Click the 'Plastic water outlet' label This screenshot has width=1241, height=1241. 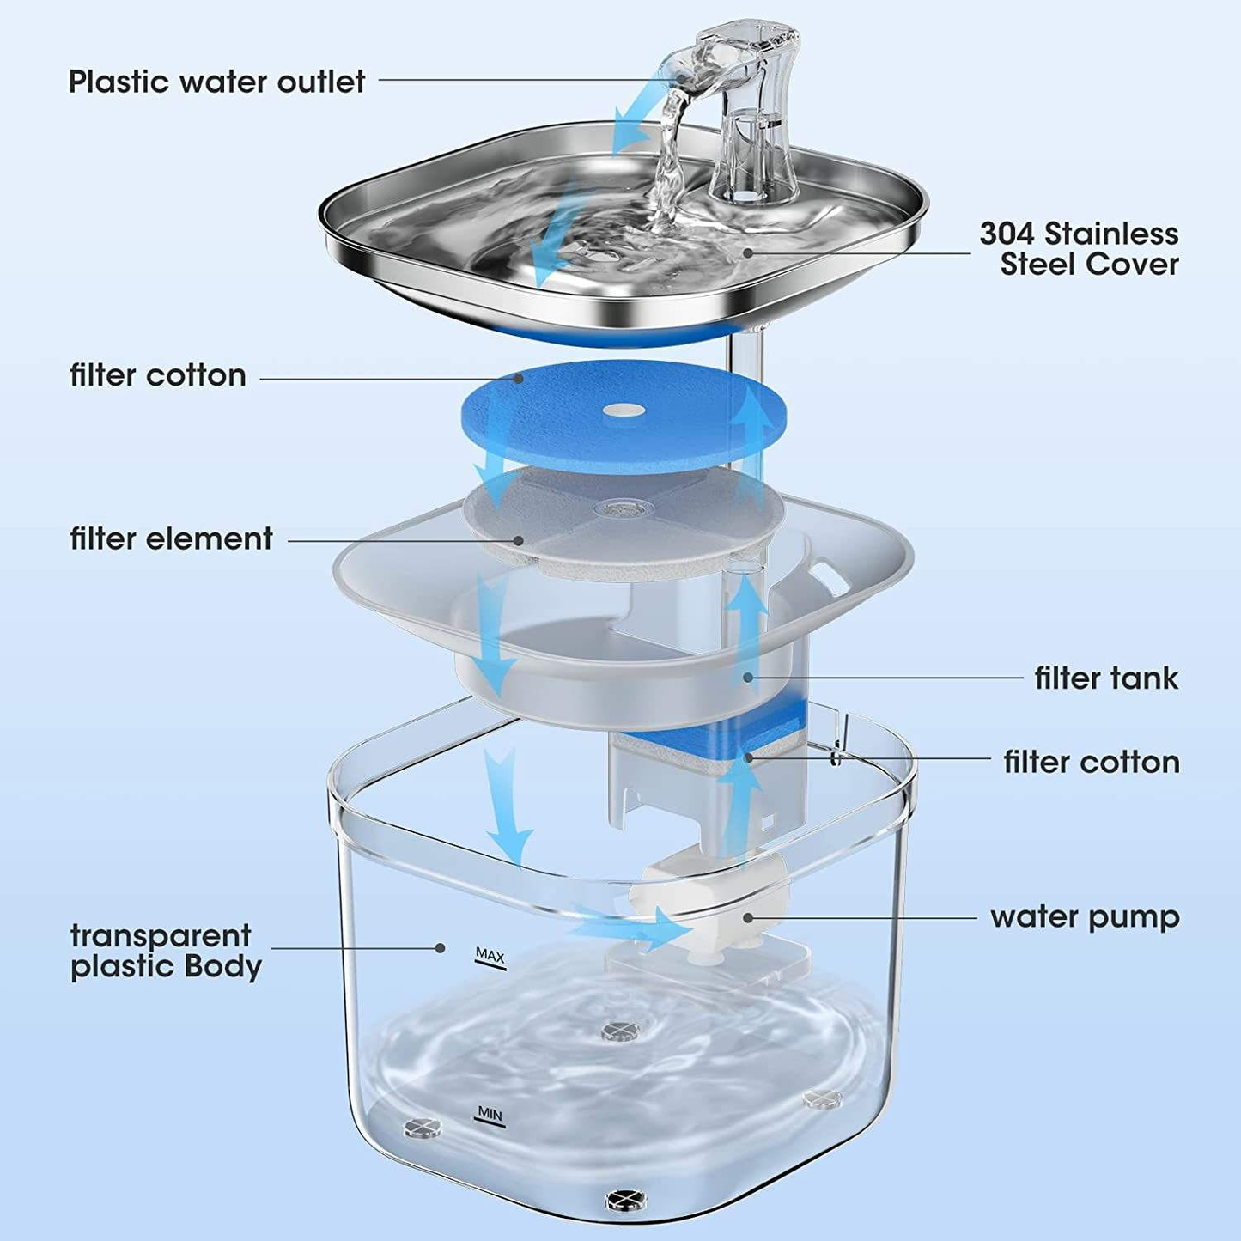[x=216, y=82]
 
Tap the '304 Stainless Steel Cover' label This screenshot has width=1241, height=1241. [x=1080, y=248]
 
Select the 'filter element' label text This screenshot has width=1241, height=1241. [x=171, y=538]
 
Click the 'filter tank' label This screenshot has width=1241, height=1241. [x=1106, y=678]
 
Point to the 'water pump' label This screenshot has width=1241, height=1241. [x=1085, y=916]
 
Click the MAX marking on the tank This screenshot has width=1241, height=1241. [x=490, y=955]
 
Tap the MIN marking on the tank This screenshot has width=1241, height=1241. [x=490, y=1114]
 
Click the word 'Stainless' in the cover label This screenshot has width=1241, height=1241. [x=1116, y=234]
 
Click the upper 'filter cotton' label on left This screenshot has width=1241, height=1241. [x=158, y=375]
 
